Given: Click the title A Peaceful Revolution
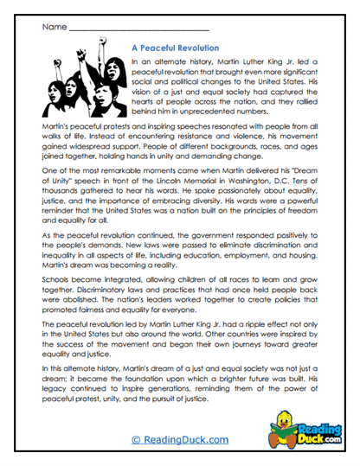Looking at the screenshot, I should point(174,48).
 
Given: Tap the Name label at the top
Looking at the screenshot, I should point(53,28).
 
